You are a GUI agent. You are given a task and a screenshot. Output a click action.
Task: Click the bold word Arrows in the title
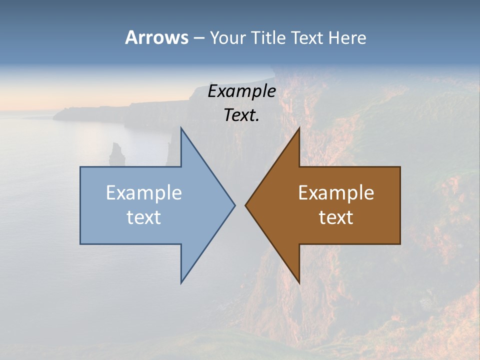click(156, 37)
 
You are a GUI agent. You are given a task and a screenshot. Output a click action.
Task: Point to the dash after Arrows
click(198, 38)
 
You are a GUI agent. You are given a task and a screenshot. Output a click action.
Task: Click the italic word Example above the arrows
click(241, 91)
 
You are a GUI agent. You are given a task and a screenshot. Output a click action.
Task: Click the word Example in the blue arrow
click(144, 192)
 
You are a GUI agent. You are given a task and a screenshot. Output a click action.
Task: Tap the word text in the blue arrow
click(144, 217)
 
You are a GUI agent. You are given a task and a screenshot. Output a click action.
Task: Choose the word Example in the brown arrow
click(336, 192)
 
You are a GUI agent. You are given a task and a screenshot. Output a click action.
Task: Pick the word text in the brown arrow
click(336, 217)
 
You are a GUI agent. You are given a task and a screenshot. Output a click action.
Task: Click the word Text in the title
click(307, 37)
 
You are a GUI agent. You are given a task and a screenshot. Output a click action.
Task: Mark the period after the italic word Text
click(257, 120)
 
